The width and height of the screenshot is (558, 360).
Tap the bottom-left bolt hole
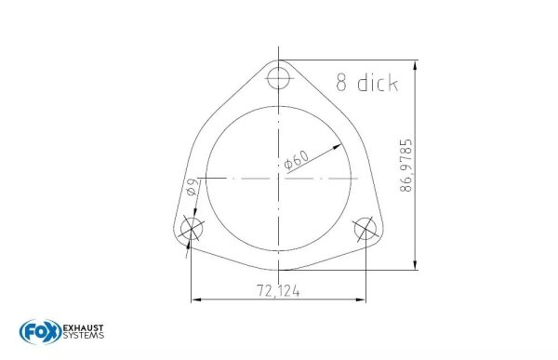(192, 230)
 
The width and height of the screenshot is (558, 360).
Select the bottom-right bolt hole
(365, 230)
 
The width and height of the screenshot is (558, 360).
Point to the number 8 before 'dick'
(342, 83)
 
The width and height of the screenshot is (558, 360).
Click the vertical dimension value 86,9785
(406, 165)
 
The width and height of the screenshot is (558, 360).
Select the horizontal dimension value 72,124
(278, 291)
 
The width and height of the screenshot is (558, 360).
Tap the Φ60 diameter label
(296, 159)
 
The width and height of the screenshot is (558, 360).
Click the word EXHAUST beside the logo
(83, 327)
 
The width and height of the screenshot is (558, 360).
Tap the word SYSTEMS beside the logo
(83, 338)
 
